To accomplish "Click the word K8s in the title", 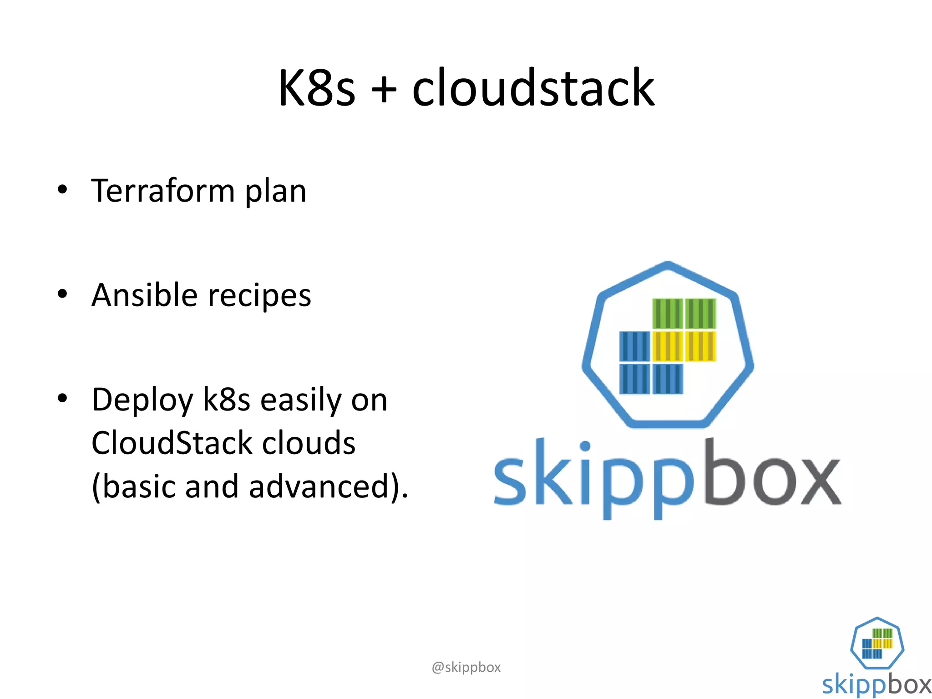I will [316, 87].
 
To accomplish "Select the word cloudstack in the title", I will [533, 87].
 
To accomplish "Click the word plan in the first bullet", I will [276, 192].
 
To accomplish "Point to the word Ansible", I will [144, 295].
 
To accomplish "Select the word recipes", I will [259, 297].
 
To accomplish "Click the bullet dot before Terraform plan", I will [62, 189].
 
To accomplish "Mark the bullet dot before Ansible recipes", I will [62, 294].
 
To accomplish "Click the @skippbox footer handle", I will [466, 667].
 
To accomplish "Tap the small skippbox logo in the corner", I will [877, 655].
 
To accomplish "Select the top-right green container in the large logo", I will [701, 314].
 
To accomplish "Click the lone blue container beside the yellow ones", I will [634, 346].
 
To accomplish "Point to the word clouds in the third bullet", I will [309, 443].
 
